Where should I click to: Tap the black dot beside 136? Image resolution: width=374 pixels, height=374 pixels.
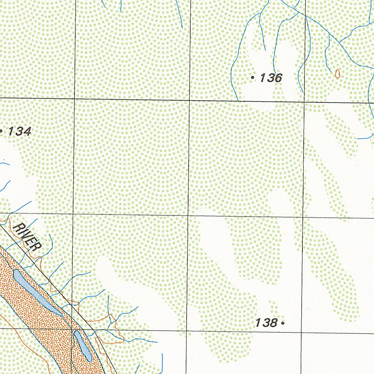253,77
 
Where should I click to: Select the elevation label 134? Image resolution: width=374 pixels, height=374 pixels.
19,131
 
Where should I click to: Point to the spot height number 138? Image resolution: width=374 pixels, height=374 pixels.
266,323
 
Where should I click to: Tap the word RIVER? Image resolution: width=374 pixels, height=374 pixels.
26,237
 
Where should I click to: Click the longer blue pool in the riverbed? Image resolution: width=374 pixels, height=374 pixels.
37,292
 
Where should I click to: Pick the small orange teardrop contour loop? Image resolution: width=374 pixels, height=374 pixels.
337,74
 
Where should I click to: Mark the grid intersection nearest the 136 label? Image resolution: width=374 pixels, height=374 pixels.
305,101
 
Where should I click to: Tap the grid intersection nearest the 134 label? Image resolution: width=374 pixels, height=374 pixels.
75,99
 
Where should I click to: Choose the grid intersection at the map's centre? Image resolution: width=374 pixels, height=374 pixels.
188,215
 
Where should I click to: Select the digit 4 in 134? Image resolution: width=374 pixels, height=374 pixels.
27,131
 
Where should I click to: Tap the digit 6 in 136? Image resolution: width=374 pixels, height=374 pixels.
278,77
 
